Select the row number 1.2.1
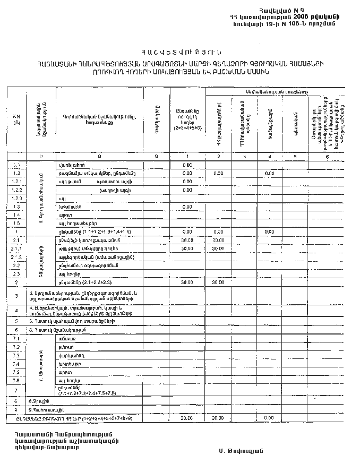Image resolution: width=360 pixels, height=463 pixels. [16, 182]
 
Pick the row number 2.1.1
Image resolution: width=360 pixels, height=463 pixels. [16, 248]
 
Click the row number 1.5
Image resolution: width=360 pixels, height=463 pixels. [16, 224]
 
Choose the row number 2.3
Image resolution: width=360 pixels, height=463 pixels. [16, 273]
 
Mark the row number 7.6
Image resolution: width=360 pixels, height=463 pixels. [16, 381]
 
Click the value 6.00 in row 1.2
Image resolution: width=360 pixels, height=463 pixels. [269, 174]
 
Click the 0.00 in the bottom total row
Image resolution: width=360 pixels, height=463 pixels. [269, 418]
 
